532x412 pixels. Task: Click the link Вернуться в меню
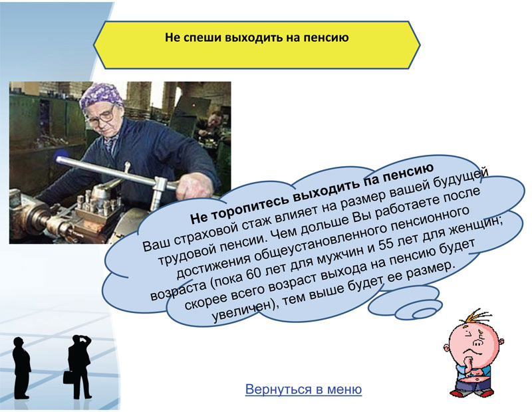pyautogui.click(x=303, y=389)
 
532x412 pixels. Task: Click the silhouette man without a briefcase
pyautogui.click(x=22, y=367)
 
